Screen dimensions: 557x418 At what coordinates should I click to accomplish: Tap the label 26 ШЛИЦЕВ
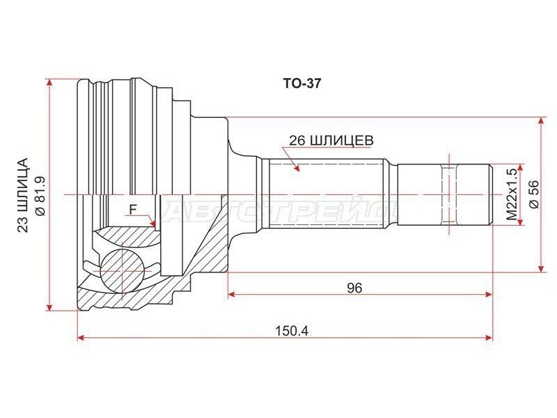(331, 141)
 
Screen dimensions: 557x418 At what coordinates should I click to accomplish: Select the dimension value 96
(354, 288)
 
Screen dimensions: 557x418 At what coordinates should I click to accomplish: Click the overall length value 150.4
(292, 332)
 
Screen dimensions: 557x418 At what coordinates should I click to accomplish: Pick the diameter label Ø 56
(534, 194)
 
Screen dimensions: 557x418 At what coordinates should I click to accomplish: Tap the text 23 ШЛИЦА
(22, 195)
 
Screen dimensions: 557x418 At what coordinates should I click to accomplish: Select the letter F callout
(133, 210)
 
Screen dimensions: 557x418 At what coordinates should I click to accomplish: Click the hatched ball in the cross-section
(122, 270)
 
